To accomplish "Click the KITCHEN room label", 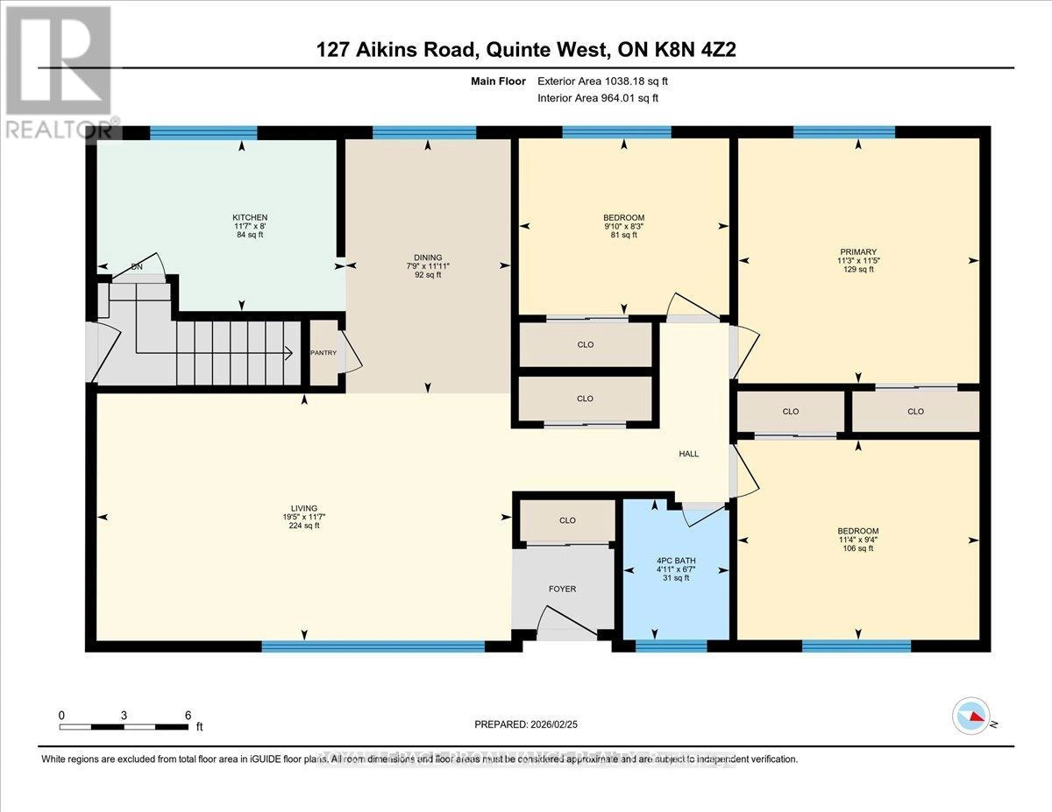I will (x=249, y=217).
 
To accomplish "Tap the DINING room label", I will (x=429, y=258).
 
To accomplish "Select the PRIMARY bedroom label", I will (x=857, y=251).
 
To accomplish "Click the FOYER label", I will (x=562, y=589).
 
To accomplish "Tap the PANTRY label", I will (x=323, y=353).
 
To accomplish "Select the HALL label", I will (x=688, y=454).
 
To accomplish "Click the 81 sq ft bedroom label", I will (x=623, y=218).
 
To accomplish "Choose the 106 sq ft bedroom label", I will (x=857, y=531).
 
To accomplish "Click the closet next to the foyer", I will (x=567, y=520).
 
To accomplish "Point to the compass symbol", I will (x=971, y=716).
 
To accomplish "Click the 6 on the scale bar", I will (x=188, y=715).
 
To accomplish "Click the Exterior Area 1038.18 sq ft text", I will (x=608, y=81).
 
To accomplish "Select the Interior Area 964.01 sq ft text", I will (x=597, y=98).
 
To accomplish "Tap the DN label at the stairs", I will (x=137, y=267).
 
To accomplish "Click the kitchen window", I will (x=203, y=133).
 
